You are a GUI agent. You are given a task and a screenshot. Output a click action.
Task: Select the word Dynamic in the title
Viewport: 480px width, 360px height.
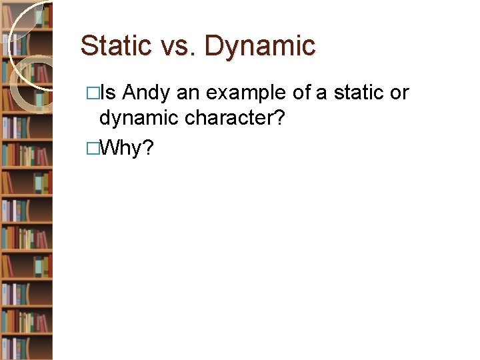(260, 46)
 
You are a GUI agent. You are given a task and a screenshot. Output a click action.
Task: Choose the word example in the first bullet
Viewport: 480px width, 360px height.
(246, 93)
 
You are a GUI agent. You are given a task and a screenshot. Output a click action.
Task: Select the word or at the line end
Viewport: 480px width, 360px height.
(399, 93)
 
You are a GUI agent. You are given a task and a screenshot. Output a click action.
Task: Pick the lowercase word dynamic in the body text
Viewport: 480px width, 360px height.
(139, 119)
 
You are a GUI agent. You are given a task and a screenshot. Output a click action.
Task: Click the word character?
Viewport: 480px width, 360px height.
(234, 119)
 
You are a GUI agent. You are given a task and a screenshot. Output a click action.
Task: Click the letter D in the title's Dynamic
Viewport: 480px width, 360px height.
(214, 46)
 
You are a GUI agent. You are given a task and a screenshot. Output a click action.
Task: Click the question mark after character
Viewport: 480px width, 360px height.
(282, 119)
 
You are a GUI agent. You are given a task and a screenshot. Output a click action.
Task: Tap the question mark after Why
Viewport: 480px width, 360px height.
(149, 147)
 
